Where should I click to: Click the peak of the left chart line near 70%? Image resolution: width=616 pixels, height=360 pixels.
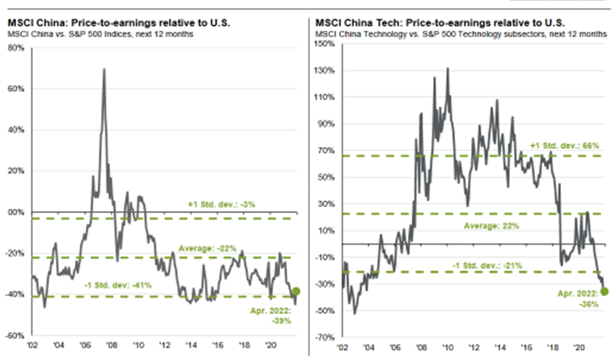(x=104, y=70)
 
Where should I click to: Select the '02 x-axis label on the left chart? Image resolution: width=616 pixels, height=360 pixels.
(x=33, y=343)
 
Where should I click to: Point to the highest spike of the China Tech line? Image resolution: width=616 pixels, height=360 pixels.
(x=448, y=68)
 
